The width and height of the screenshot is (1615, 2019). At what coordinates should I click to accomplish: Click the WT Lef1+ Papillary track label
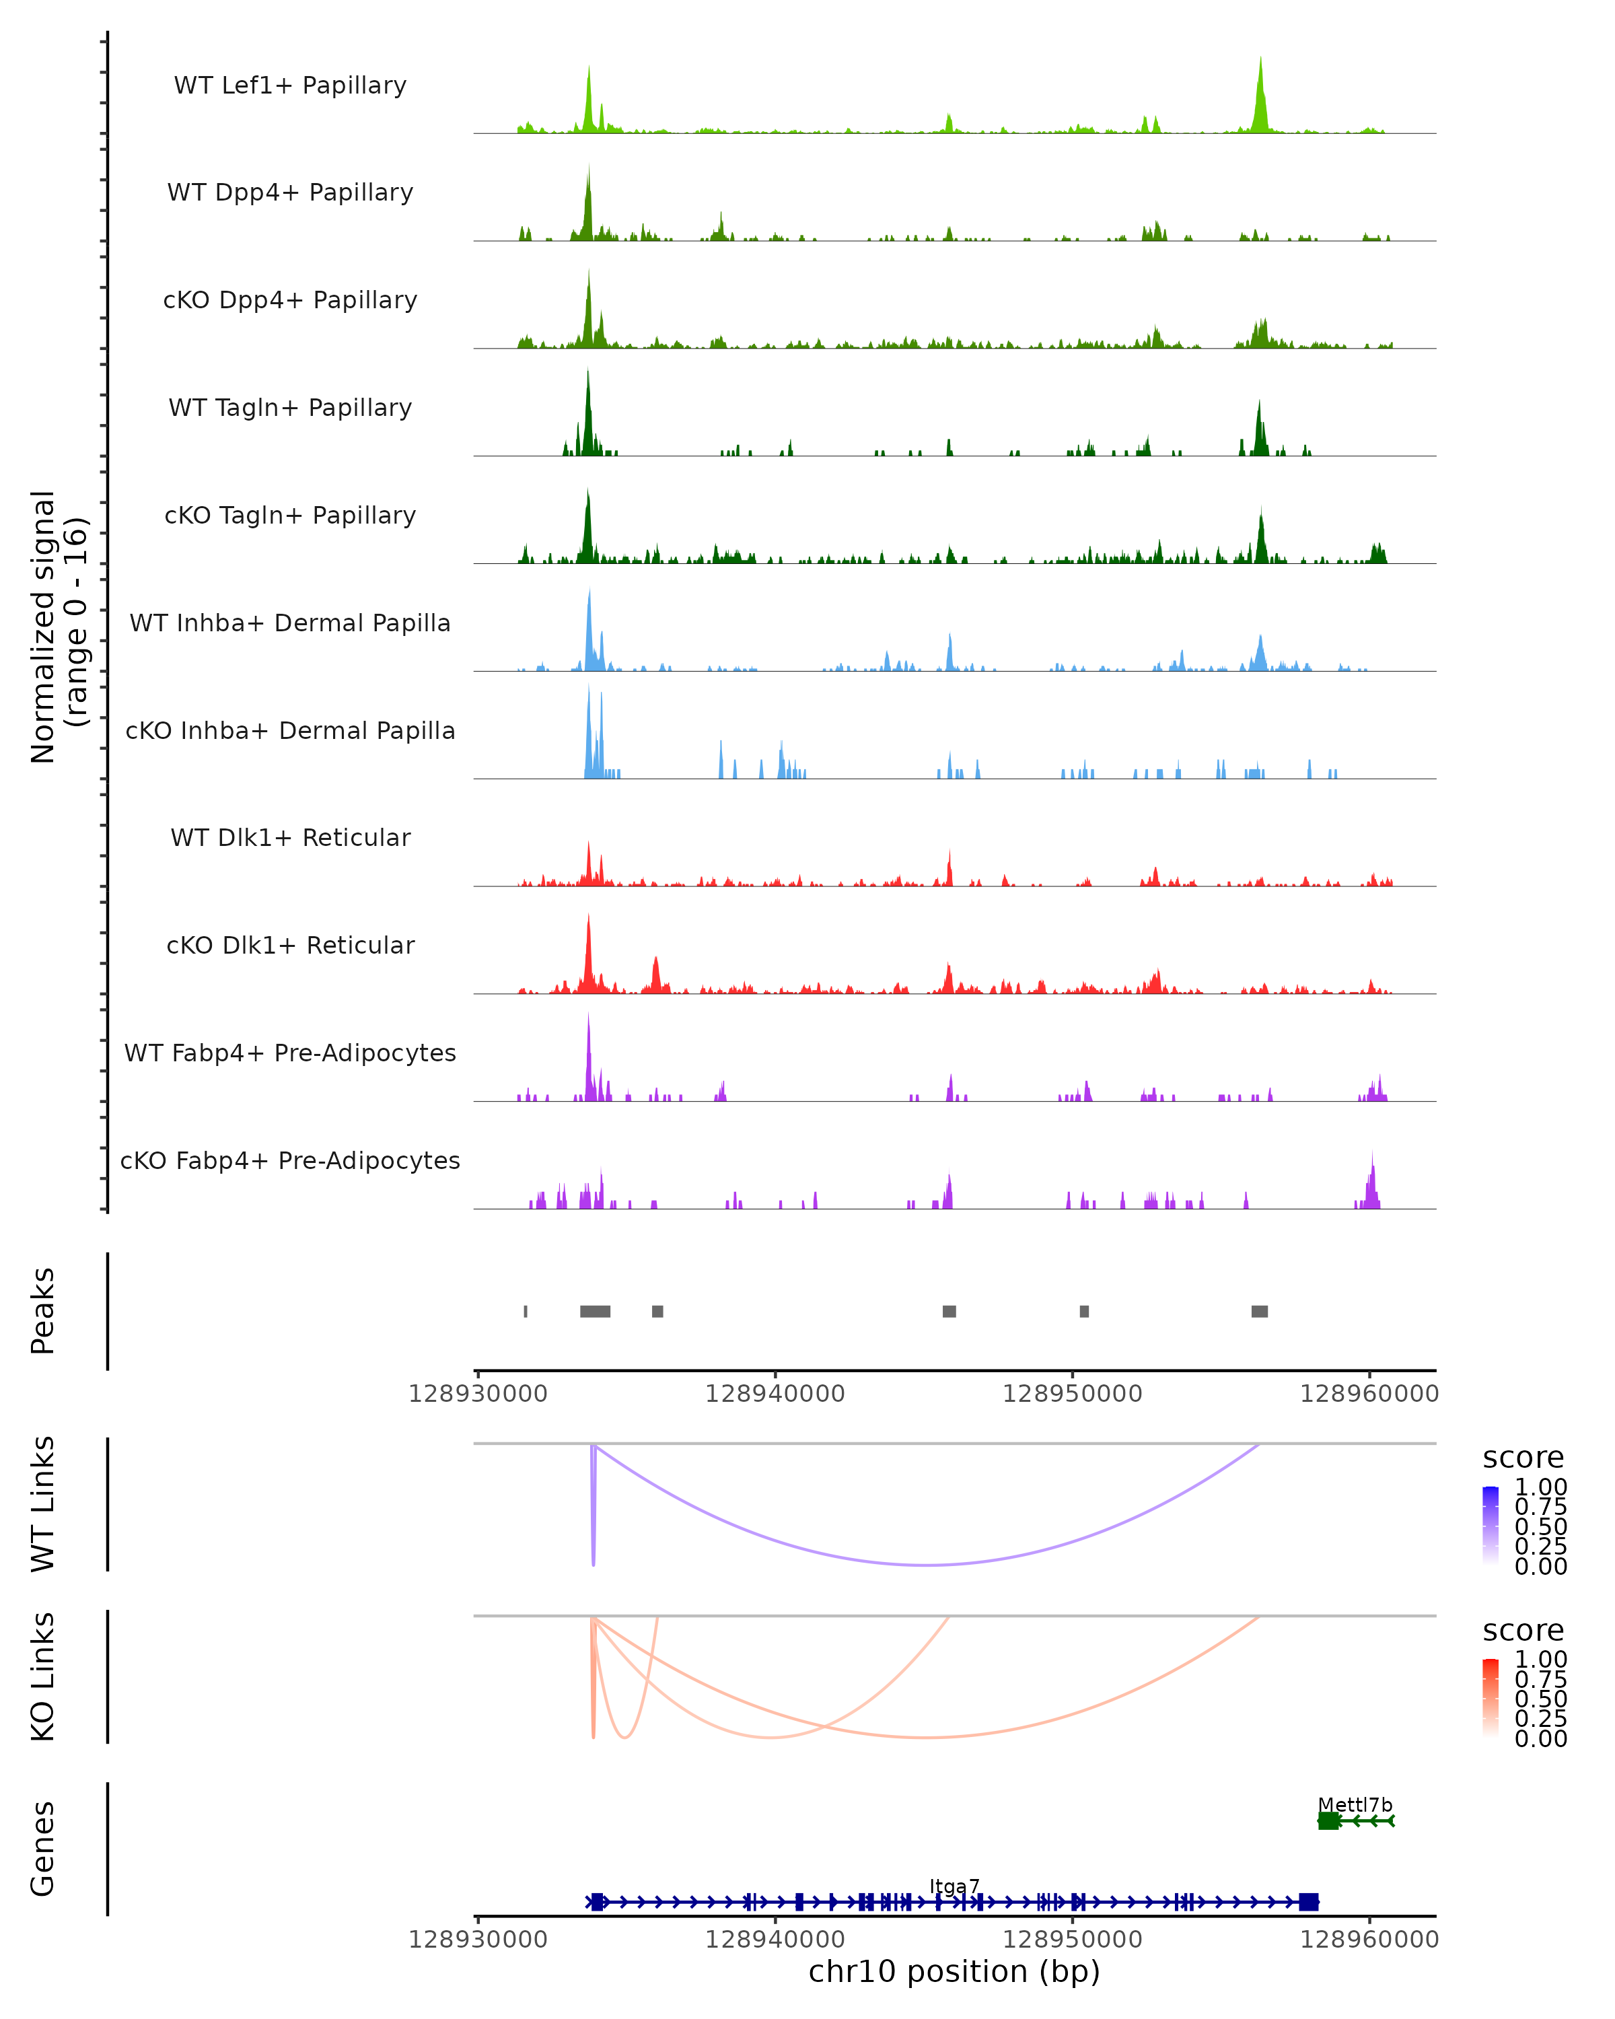[x=290, y=85]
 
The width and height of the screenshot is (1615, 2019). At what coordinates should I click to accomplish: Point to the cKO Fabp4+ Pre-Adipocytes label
[x=290, y=1160]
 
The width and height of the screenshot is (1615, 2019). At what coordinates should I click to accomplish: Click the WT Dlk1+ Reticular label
[x=290, y=837]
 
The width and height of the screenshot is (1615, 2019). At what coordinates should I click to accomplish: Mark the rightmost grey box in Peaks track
[x=1259, y=1311]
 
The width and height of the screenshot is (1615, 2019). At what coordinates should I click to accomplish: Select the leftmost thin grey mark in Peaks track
[x=526, y=1311]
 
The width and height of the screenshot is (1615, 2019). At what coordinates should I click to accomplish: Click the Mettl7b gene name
[x=1355, y=1804]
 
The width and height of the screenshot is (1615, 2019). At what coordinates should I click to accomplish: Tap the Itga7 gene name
[x=954, y=1886]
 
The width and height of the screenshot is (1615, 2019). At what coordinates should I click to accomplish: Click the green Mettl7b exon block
[x=1328, y=1820]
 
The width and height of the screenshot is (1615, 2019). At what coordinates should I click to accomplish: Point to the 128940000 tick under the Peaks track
[x=775, y=1394]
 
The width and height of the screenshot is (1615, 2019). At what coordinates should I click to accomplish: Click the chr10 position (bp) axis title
[x=954, y=1971]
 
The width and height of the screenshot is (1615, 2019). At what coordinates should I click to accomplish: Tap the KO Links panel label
[x=43, y=1676]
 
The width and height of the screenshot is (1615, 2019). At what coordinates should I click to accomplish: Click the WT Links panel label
[x=43, y=1504]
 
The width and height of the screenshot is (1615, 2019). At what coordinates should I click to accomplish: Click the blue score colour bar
[x=1491, y=1526]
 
